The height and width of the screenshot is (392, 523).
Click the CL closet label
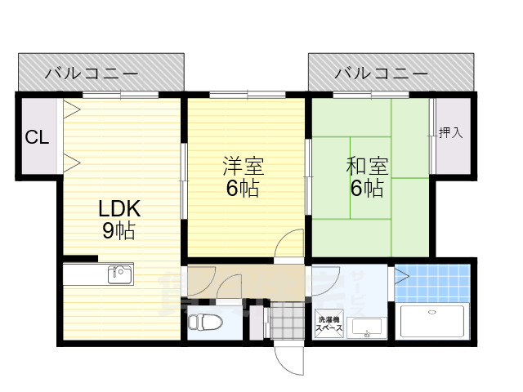[37, 137]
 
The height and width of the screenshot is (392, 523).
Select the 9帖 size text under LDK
[119, 231]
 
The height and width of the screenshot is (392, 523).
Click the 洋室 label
[244, 167]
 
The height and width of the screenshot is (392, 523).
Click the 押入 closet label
[450, 133]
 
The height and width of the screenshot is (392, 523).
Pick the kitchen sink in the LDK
[120, 274]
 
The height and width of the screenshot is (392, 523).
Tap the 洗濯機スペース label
[329, 323]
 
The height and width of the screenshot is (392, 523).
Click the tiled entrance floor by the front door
[286, 320]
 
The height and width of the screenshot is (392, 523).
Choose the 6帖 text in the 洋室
[244, 189]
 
